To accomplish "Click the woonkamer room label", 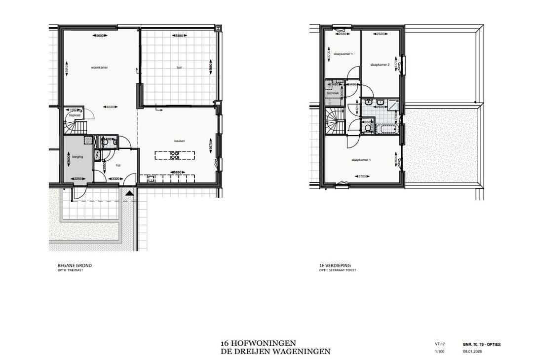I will click(99, 67).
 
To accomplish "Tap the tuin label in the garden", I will click(179, 67).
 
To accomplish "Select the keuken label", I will click(179, 141).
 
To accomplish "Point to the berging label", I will click(77, 156).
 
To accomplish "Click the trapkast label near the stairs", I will click(74, 116).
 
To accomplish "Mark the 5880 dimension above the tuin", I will click(179, 36).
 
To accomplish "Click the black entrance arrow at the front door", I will click(129, 193).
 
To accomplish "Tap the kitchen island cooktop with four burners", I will click(174, 156).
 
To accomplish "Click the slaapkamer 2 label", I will click(380, 65).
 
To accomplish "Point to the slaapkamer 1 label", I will click(361, 160).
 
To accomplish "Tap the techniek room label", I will click(333, 93).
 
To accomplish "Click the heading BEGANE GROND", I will click(75, 265).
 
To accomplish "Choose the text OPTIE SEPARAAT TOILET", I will click(338, 270).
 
